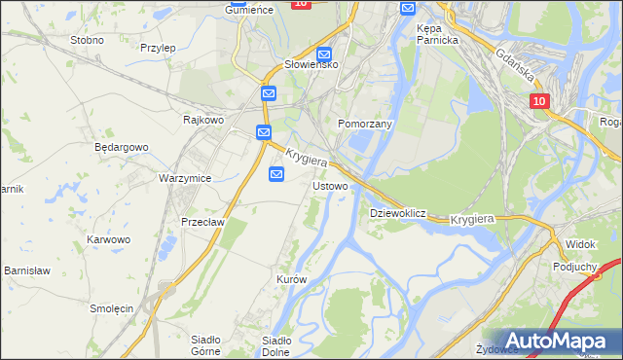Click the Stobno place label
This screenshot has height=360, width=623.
pyautogui.click(x=87, y=41)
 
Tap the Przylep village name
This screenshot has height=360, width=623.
pyautogui.click(x=157, y=47)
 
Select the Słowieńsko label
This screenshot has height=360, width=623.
pyautogui.click(x=310, y=64)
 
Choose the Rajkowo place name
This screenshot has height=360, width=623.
pyautogui.click(x=204, y=120)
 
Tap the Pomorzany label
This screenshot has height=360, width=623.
pyautogui.click(x=364, y=125)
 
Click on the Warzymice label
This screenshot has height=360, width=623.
pyautogui.click(x=185, y=179)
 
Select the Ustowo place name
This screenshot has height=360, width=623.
pyautogui.click(x=330, y=185)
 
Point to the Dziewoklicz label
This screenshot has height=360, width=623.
pyautogui.click(x=398, y=212)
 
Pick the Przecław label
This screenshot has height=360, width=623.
pyautogui.click(x=203, y=222)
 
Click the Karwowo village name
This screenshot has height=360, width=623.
pyautogui.click(x=108, y=239)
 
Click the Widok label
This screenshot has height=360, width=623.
pyautogui.click(x=580, y=242)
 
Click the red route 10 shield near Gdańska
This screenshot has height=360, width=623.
pyautogui.click(x=540, y=101)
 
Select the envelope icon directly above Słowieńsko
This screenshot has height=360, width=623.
pyautogui.click(x=324, y=55)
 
